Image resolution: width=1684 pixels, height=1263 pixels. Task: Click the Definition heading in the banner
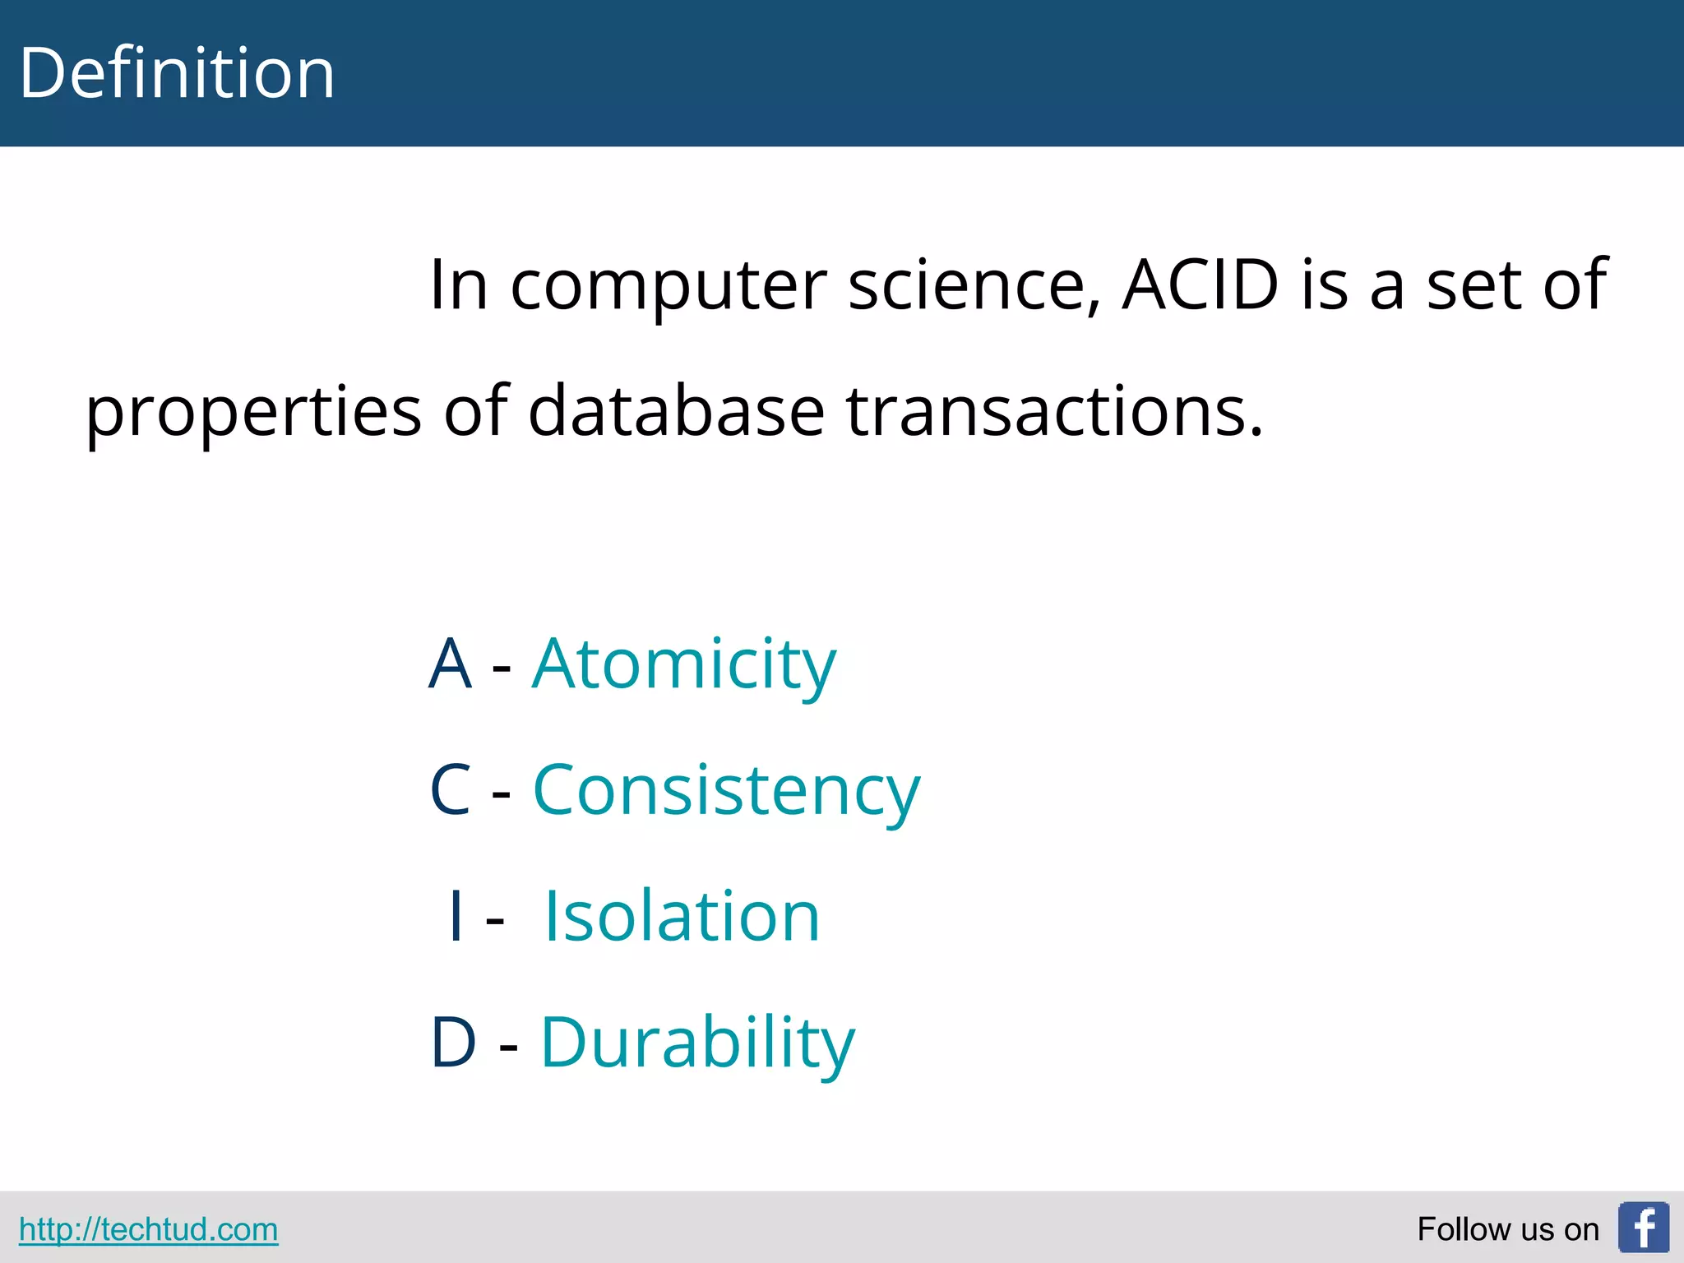tap(177, 74)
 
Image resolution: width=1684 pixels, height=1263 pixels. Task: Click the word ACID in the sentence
tap(1201, 285)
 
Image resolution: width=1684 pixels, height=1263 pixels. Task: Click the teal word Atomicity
tap(684, 664)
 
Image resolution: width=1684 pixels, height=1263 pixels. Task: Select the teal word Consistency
tap(727, 791)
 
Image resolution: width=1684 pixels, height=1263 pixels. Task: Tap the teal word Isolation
tap(682, 916)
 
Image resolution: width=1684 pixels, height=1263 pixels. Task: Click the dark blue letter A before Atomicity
tap(450, 664)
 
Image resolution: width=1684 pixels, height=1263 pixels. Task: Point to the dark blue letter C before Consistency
tap(451, 790)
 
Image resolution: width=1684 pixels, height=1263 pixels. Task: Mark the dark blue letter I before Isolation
tap(456, 916)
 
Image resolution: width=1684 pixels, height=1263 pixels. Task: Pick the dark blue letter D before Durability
tap(453, 1043)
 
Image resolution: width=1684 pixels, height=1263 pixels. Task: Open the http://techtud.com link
tap(148, 1229)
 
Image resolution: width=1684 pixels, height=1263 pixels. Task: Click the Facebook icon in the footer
tap(1643, 1227)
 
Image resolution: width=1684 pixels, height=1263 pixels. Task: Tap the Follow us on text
tap(1507, 1229)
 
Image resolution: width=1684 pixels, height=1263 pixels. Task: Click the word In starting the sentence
tap(459, 285)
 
